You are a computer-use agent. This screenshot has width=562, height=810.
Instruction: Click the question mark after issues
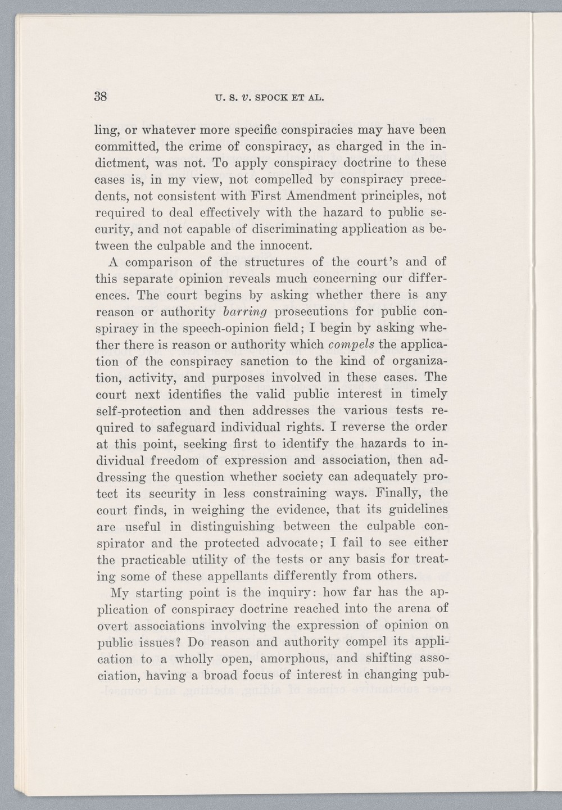pos(175,642)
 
